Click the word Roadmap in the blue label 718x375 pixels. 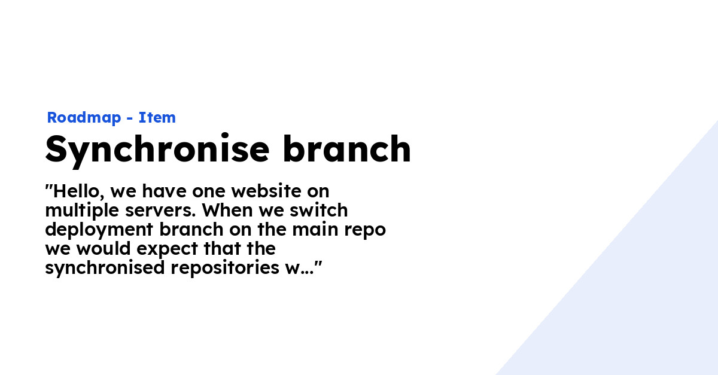tap(84, 118)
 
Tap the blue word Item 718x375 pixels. tap(157, 117)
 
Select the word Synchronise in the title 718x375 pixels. tap(157, 150)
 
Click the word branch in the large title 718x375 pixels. tap(347, 148)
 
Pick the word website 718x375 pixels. tap(266, 191)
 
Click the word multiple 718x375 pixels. tap(82, 211)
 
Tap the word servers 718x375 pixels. tap(160, 211)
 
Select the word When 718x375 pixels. tap(227, 211)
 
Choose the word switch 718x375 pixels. tap(318, 211)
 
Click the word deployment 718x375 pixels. tap(99, 230)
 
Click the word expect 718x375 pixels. tap(168, 249)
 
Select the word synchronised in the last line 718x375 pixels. tap(105, 269)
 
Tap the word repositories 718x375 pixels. tap(225, 269)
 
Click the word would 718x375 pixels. tap(104, 249)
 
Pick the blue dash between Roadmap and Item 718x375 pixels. tap(129, 118)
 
